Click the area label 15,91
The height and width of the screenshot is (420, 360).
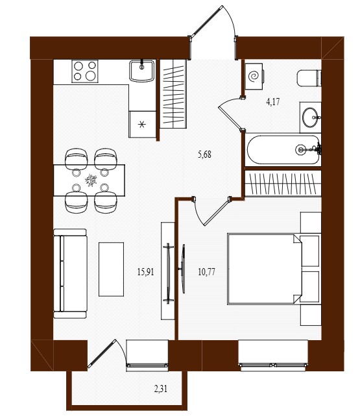145,272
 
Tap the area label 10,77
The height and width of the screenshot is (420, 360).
207,272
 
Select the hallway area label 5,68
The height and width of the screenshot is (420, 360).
204,154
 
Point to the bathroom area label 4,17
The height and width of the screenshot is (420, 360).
273,102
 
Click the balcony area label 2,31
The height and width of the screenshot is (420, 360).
161,389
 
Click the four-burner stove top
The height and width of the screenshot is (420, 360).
85,71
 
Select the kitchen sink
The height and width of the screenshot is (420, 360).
142,71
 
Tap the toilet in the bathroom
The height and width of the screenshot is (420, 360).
309,78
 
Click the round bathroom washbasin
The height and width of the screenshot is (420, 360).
311,117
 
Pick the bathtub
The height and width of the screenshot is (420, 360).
283,149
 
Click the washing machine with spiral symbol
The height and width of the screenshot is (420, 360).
254,77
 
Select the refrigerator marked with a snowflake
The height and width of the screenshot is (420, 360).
142,124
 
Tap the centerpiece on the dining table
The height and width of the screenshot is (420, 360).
91,180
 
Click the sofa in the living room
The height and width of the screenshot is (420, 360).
71,273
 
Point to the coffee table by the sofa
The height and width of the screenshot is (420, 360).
112,269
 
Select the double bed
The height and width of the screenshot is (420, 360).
265,269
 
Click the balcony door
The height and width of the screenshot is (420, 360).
102,353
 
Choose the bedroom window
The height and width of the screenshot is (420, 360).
273,365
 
